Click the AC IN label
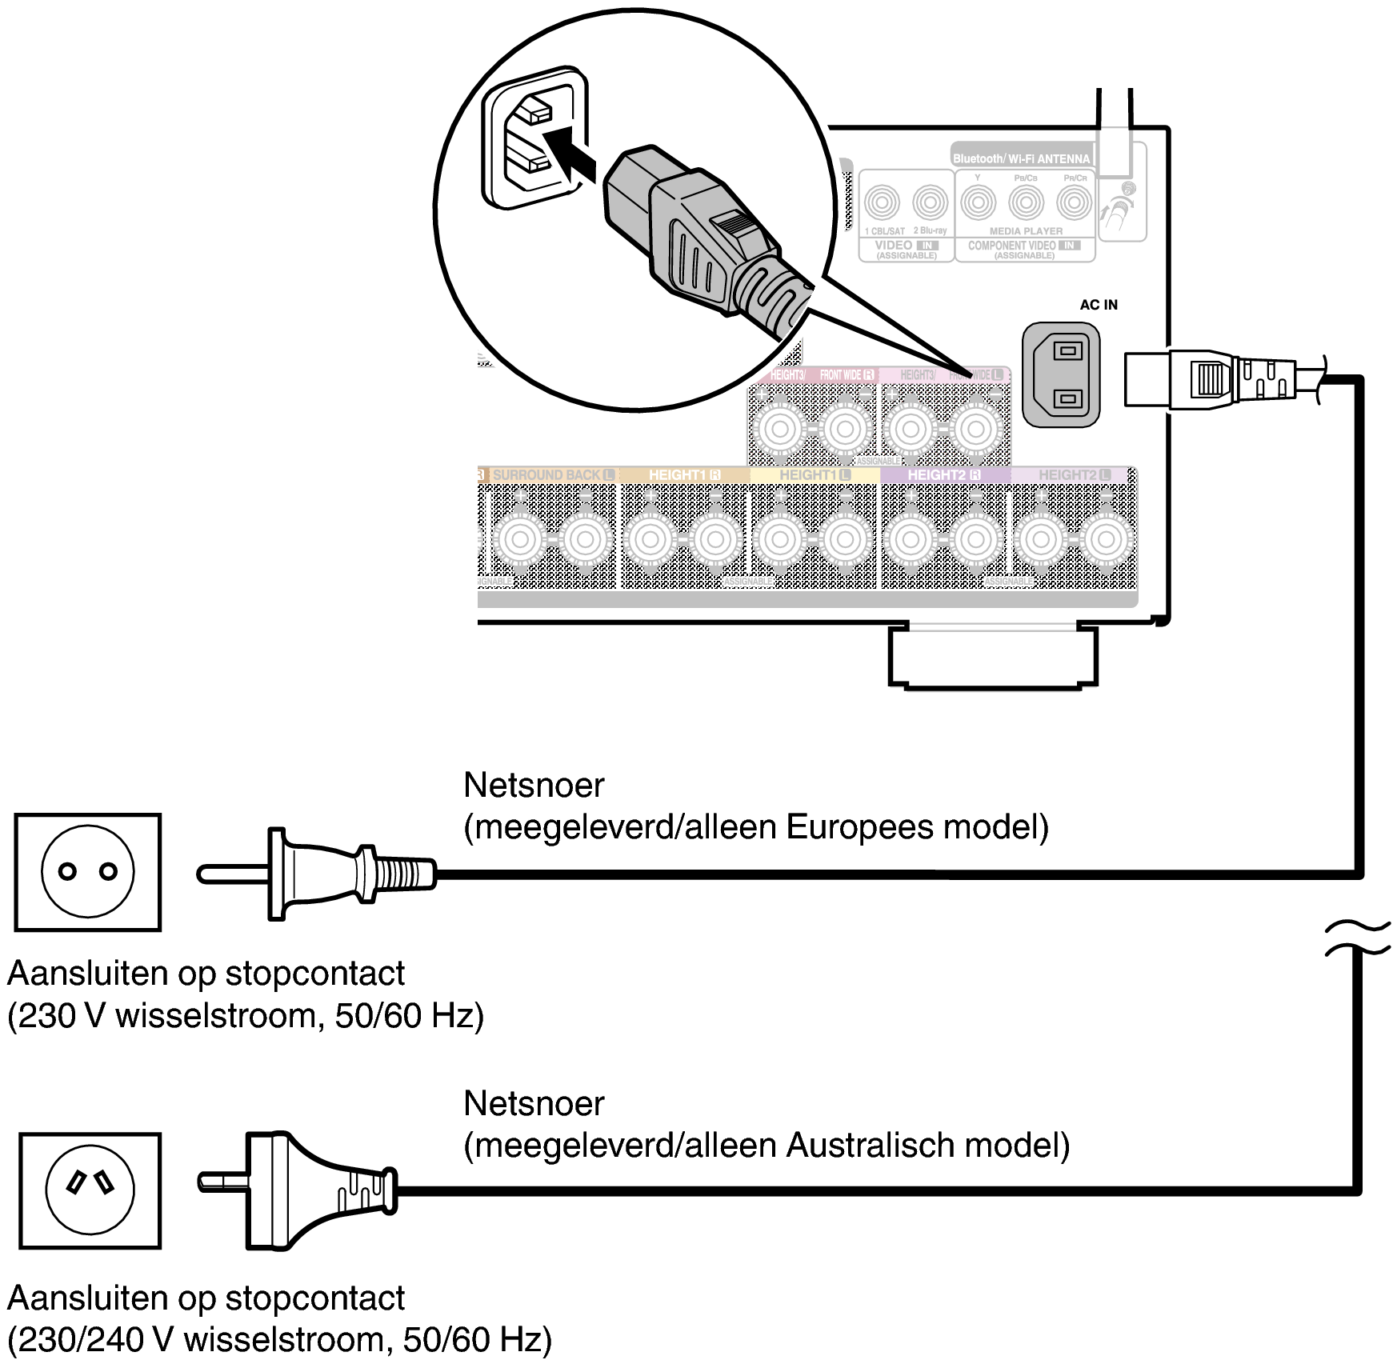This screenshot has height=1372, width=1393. click(x=1098, y=305)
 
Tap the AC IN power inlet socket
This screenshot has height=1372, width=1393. click(x=1061, y=374)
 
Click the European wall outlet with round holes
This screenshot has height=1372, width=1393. click(x=88, y=872)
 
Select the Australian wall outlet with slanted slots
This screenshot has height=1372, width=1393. click(x=90, y=1190)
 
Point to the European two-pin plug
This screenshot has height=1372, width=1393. click(x=320, y=874)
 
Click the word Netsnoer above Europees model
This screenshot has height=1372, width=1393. click(x=534, y=786)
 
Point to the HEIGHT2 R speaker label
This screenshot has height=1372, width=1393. click(x=944, y=475)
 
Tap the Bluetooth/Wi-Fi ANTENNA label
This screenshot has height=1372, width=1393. click(x=1021, y=158)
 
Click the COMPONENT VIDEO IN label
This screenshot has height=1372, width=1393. click(x=1023, y=246)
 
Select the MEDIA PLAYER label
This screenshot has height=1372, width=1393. click(x=1026, y=231)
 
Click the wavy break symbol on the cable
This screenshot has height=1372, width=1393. click(x=1357, y=938)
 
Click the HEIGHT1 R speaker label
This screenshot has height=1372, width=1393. click(x=684, y=475)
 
